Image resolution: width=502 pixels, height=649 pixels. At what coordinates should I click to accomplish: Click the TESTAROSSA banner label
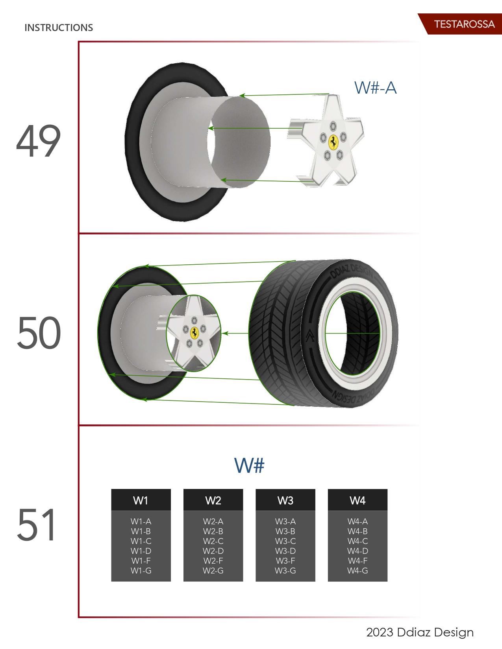tap(464, 24)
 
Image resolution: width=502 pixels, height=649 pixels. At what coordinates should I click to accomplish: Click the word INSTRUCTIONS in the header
tap(59, 28)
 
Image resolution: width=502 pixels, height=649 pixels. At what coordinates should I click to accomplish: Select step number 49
tap(38, 142)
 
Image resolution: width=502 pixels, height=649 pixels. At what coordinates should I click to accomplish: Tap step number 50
tap(39, 334)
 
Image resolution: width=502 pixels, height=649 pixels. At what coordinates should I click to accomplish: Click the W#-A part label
tap(375, 87)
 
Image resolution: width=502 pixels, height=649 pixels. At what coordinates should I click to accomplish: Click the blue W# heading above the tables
tap(249, 465)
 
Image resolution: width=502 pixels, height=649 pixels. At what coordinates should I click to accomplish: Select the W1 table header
tap(141, 500)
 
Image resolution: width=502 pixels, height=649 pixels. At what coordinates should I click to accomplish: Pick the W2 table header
tap(213, 500)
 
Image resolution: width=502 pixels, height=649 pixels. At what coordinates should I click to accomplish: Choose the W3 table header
tap(285, 500)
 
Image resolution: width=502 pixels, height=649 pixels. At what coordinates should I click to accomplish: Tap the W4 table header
tap(358, 500)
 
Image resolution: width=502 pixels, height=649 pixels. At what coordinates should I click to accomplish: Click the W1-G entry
tap(141, 570)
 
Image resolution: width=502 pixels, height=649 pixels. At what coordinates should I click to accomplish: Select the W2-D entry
tap(213, 551)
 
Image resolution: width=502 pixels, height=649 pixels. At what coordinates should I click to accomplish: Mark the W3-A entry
tap(285, 522)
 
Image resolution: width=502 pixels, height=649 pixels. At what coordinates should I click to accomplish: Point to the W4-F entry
tap(358, 560)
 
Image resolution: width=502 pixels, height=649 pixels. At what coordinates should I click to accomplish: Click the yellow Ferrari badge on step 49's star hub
tap(333, 141)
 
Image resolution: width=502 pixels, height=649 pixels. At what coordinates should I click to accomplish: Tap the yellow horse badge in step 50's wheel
tap(194, 333)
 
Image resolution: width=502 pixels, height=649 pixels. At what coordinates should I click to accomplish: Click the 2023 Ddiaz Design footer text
tap(420, 632)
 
